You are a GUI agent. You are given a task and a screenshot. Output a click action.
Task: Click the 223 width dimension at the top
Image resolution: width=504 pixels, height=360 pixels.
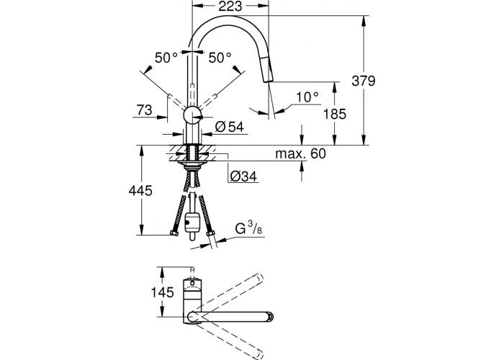coord(230,6)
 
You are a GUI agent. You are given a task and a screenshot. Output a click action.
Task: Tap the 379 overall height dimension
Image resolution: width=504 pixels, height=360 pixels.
coord(363,81)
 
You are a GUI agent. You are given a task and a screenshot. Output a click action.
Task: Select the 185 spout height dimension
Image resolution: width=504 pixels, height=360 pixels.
coord(335,114)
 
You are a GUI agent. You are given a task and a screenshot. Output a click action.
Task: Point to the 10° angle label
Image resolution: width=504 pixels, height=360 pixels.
coord(307,96)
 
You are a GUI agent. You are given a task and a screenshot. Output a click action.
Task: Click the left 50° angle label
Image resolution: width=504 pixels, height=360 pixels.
coord(166,58)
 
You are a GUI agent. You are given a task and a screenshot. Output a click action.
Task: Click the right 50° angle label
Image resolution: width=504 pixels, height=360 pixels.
coord(220,58)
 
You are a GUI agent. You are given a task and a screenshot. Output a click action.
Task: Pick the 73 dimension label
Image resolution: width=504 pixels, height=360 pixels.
coord(144,110)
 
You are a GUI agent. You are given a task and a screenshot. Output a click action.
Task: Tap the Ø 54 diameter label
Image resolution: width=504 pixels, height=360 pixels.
coord(230,127)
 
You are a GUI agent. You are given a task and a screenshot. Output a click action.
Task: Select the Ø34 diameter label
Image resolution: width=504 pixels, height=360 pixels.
coord(243,176)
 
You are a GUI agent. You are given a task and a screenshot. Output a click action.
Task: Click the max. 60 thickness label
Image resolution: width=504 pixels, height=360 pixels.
coord(300,153)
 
